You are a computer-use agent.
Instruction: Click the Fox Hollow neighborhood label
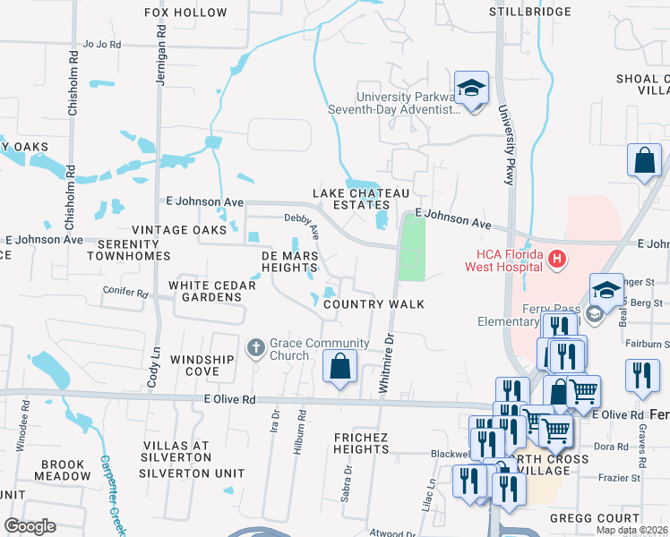[186, 13]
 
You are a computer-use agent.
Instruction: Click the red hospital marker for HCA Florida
[556, 260]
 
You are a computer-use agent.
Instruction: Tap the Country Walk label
[374, 304]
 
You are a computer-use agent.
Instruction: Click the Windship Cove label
[202, 365]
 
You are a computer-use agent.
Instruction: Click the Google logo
[30, 526]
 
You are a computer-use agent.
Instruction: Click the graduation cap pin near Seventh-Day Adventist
[471, 89]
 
